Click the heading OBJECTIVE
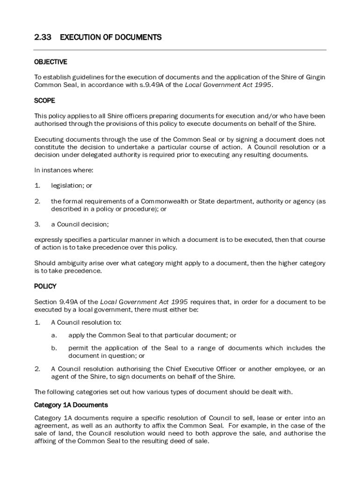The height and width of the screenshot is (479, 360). coord(50,62)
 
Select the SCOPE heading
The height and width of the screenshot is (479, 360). coord(44,101)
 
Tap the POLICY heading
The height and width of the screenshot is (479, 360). coord(45,286)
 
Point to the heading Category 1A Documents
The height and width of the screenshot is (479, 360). coord(71,405)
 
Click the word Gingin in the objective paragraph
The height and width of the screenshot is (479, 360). coord(315,77)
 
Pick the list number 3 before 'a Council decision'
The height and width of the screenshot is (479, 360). coord(37,224)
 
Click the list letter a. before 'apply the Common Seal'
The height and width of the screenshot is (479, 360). coord(54,335)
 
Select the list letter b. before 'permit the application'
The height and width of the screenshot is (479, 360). coord(54,348)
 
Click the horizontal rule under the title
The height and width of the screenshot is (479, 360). coord(180,50)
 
